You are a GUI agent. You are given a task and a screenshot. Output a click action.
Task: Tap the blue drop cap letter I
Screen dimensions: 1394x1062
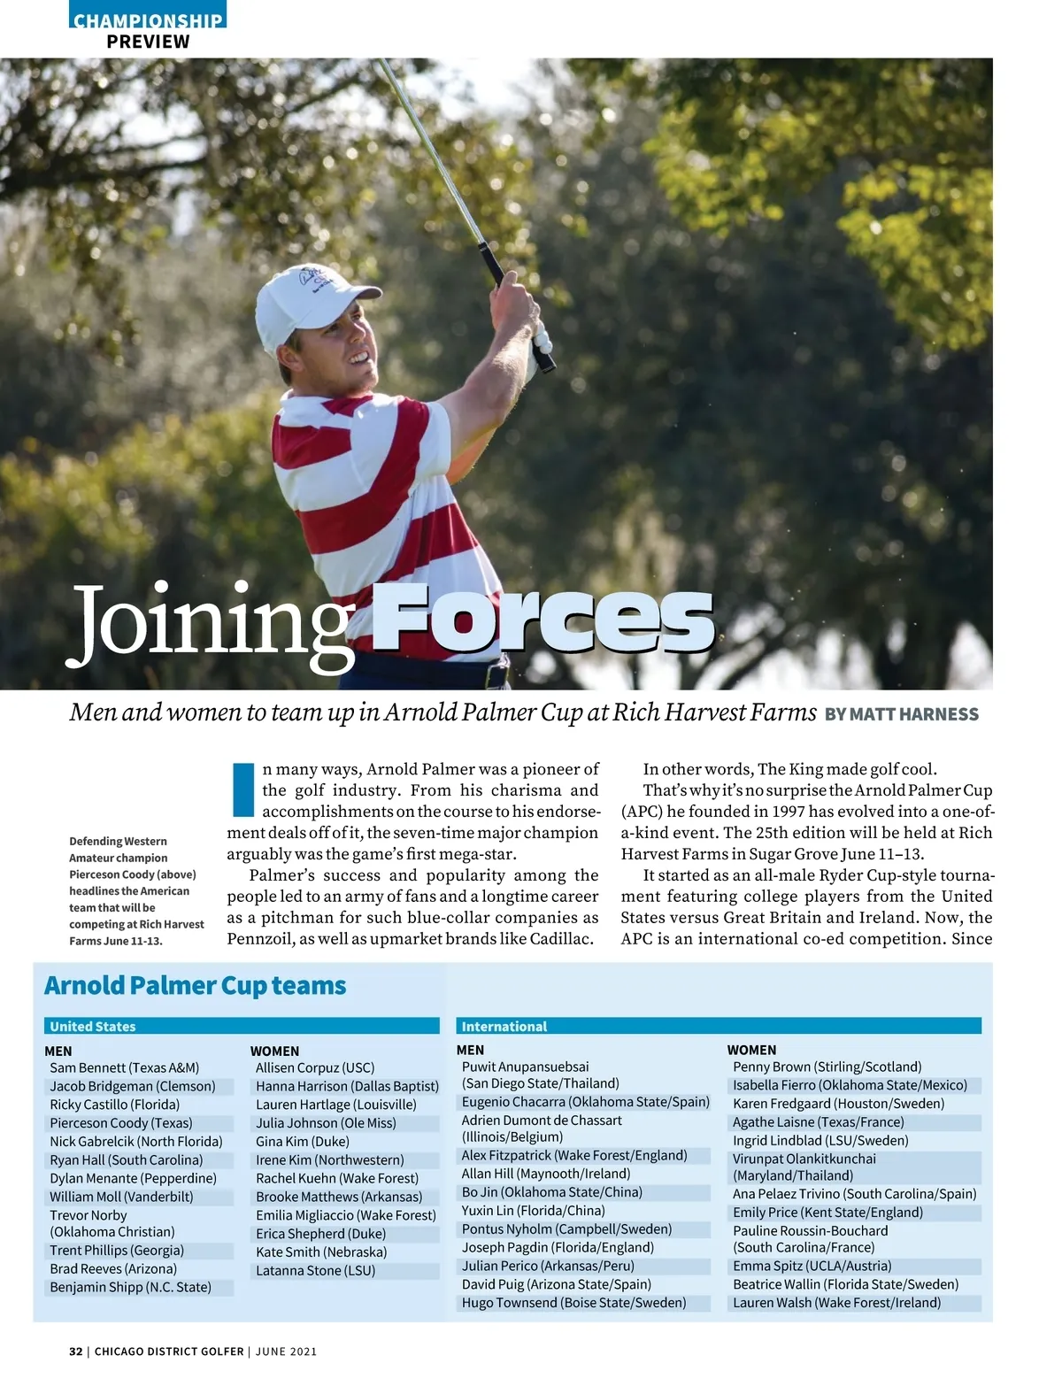[x=242, y=789]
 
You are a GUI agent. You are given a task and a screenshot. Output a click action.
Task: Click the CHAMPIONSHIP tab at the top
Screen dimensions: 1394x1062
[x=148, y=19]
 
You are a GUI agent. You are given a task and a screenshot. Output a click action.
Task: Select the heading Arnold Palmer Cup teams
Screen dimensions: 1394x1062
[x=195, y=985]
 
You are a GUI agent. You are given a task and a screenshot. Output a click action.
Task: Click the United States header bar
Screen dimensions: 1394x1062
[x=242, y=1026]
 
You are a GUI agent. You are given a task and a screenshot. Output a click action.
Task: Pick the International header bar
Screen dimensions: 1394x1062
[x=719, y=1026]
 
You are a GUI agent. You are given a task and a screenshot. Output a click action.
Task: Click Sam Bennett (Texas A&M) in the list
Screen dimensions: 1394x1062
[x=125, y=1067]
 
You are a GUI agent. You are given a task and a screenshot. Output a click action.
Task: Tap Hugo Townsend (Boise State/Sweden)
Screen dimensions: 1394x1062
[x=573, y=1303]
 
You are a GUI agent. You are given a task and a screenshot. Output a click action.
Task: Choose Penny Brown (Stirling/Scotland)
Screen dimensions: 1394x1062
[x=827, y=1067]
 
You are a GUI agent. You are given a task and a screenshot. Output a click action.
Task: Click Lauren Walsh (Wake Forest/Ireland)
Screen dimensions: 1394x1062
[x=836, y=1303]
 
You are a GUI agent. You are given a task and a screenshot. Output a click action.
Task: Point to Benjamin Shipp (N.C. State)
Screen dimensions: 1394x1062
[x=130, y=1287]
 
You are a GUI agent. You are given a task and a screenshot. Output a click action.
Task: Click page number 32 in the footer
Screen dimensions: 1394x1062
[x=75, y=1352]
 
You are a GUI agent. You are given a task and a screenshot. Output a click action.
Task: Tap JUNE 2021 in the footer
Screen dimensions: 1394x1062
[x=286, y=1352]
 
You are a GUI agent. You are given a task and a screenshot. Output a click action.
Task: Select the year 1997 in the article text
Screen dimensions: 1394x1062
[x=789, y=812]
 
